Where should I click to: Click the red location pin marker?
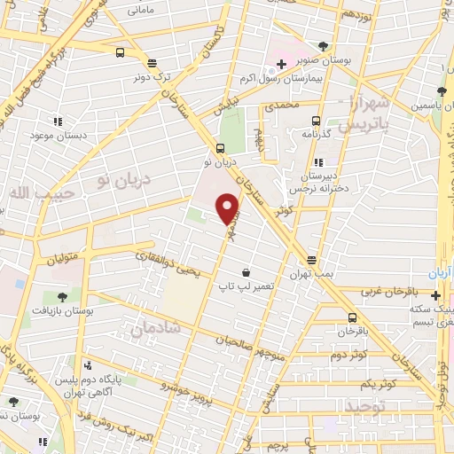click(x=228, y=209)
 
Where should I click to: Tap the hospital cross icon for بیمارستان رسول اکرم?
click(x=281, y=64)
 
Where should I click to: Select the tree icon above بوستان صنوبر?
click(x=323, y=46)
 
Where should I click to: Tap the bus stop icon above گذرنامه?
click(x=314, y=121)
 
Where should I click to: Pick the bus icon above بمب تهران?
click(x=311, y=260)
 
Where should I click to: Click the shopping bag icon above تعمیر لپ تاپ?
click(x=246, y=274)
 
